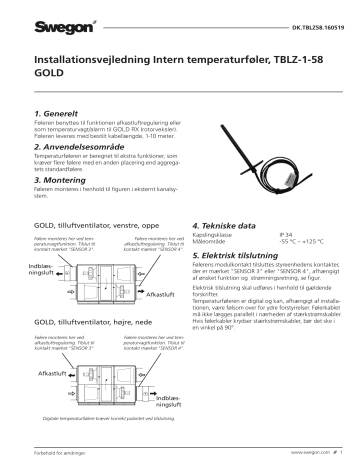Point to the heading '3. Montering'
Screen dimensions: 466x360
(x=62, y=180)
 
